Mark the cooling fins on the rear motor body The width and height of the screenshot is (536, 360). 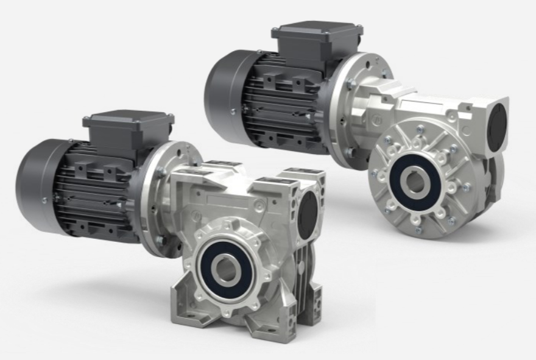click(286, 104)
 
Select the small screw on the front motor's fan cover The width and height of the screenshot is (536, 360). click(44, 200)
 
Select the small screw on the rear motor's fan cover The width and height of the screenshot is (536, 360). click(233, 111)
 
